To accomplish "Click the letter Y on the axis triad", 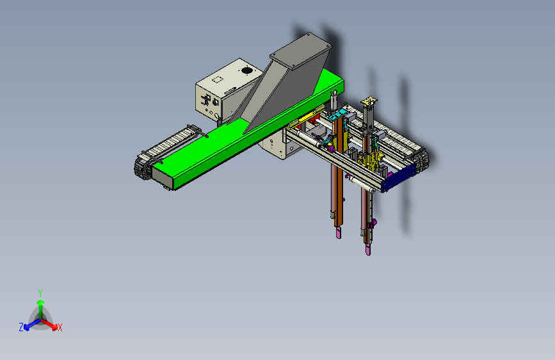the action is pyautogui.click(x=40, y=293).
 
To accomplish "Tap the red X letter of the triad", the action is pyautogui.click(x=60, y=327).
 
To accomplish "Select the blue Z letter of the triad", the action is pyautogui.click(x=21, y=327).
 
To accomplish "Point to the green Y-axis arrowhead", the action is pyautogui.click(x=41, y=302).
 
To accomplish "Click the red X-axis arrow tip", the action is pyautogui.click(x=54, y=327).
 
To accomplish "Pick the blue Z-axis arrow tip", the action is pyautogui.click(x=27, y=327).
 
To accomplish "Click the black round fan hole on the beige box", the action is pyautogui.click(x=246, y=70).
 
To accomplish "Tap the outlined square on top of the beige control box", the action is pyautogui.click(x=218, y=79).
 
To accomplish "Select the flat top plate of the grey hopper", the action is pyautogui.click(x=300, y=51).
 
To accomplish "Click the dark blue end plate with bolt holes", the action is pyautogui.click(x=399, y=178).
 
